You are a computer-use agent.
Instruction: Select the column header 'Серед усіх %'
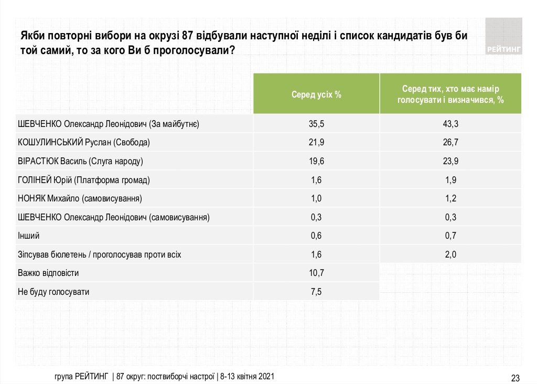click(317, 95)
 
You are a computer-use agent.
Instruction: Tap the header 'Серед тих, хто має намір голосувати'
click(450, 95)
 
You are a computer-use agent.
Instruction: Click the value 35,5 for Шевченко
click(317, 124)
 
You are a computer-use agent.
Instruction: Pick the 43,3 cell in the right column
click(450, 124)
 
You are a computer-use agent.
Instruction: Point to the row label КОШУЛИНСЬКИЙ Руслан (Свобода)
click(84, 143)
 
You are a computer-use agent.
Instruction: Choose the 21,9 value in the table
click(317, 143)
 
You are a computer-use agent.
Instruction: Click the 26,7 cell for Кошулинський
click(450, 143)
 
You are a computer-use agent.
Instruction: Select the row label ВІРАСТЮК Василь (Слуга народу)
click(80, 161)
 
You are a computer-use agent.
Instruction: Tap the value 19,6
click(317, 161)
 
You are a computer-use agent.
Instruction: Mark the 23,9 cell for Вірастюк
click(450, 161)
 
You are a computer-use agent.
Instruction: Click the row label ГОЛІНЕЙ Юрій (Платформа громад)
click(84, 180)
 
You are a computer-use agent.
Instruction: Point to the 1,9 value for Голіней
click(450, 180)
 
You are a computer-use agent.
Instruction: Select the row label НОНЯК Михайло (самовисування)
click(80, 199)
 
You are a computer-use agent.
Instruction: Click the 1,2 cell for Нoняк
click(450, 199)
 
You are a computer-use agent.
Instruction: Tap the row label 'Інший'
click(28, 236)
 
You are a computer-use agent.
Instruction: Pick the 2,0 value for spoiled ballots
click(450, 254)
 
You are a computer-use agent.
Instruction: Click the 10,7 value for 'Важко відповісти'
click(317, 273)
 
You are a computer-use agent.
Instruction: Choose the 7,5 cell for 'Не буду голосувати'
click(317, 292)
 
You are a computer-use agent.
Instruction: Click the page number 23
click(515, 378)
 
